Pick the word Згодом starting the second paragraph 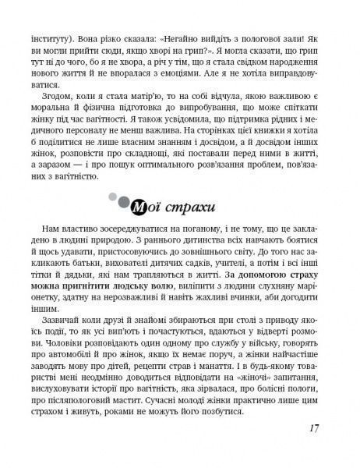tap(68, 97)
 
